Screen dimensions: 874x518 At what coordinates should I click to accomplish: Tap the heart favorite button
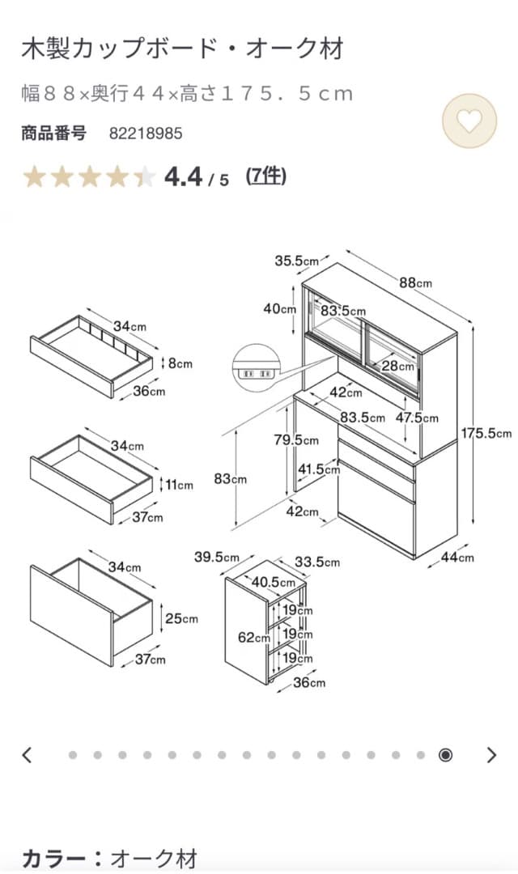(469, 121)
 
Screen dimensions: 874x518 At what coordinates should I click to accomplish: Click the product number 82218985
(146, 134)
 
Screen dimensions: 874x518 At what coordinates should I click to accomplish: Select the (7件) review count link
(266, 175)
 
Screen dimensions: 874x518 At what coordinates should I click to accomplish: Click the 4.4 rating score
(184, 176)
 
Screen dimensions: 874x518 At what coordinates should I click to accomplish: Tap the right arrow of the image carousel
(491, 755)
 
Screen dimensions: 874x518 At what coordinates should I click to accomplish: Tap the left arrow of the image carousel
(27, 755)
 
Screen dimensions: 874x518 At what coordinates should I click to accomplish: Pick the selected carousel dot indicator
(445, 755)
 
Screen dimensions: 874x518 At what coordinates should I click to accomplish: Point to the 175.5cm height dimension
(486, 433)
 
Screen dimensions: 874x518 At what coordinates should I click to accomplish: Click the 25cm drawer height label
(180, 618)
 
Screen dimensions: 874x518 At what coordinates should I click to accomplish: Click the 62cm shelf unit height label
(253, 637)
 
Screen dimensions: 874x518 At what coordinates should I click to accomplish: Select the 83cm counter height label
(230, 478)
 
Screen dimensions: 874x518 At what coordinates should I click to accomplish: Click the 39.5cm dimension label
(216, 557)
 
